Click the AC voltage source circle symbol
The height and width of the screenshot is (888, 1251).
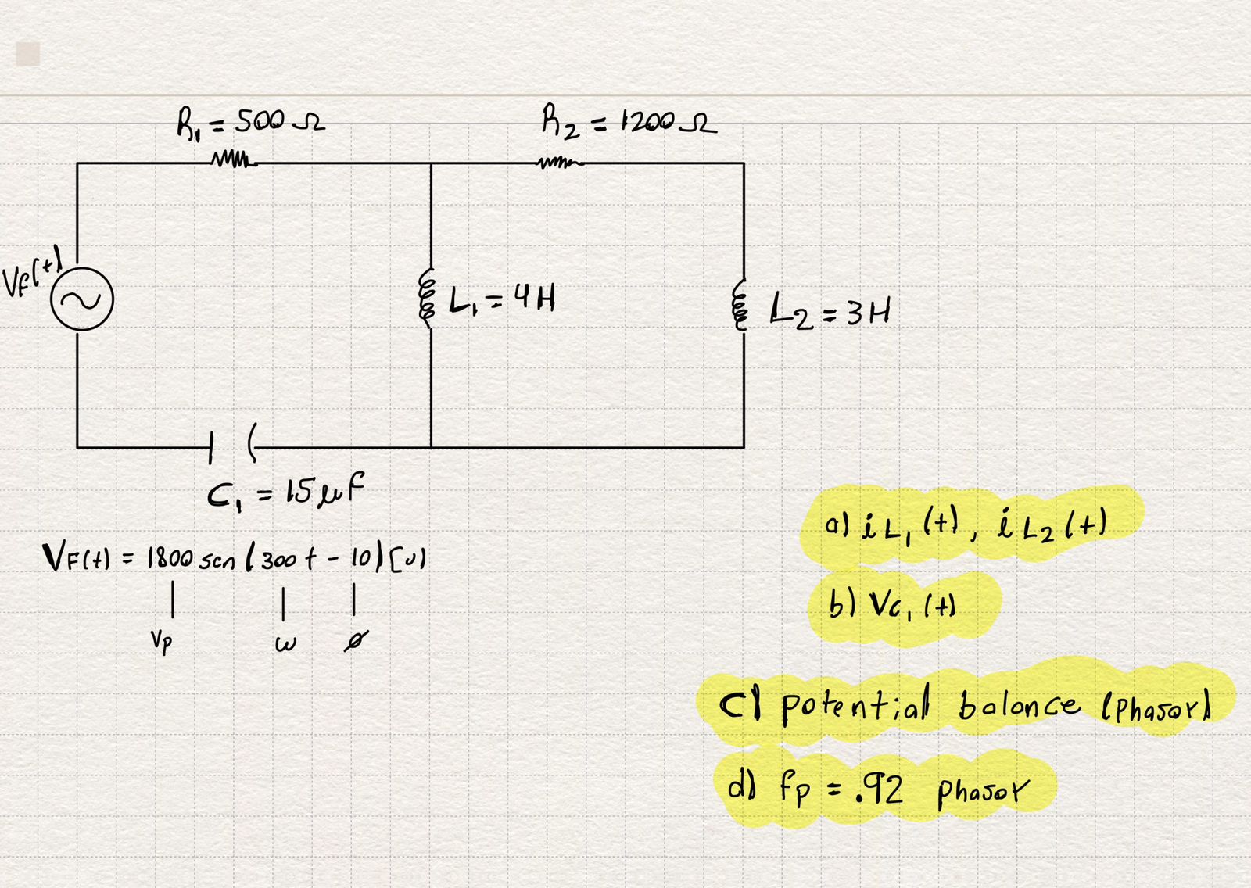click(x=82, y=299)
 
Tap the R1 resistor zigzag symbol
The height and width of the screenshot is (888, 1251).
click(x=233, y=162)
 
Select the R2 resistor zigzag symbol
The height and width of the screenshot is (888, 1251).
click(x=560, y=163)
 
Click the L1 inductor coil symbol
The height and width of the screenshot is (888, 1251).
click(x=428, y=298)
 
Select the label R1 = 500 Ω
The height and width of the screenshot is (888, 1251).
click(x=249, y=124)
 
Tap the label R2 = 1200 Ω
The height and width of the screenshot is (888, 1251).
click(x=628, y=123)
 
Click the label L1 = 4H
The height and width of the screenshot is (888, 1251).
click(x=502, y=299)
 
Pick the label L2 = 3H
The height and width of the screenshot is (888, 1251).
click(x=829, y=310)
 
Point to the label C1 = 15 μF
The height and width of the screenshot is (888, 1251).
click(x=285, y=492)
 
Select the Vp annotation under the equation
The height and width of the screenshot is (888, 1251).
click(x=161, y=642)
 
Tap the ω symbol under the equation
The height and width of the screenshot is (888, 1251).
click(x=285, y=645)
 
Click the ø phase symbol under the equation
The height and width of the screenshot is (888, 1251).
click(x=356, y=642)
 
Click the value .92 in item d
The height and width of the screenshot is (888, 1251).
click(x=879, y=790)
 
